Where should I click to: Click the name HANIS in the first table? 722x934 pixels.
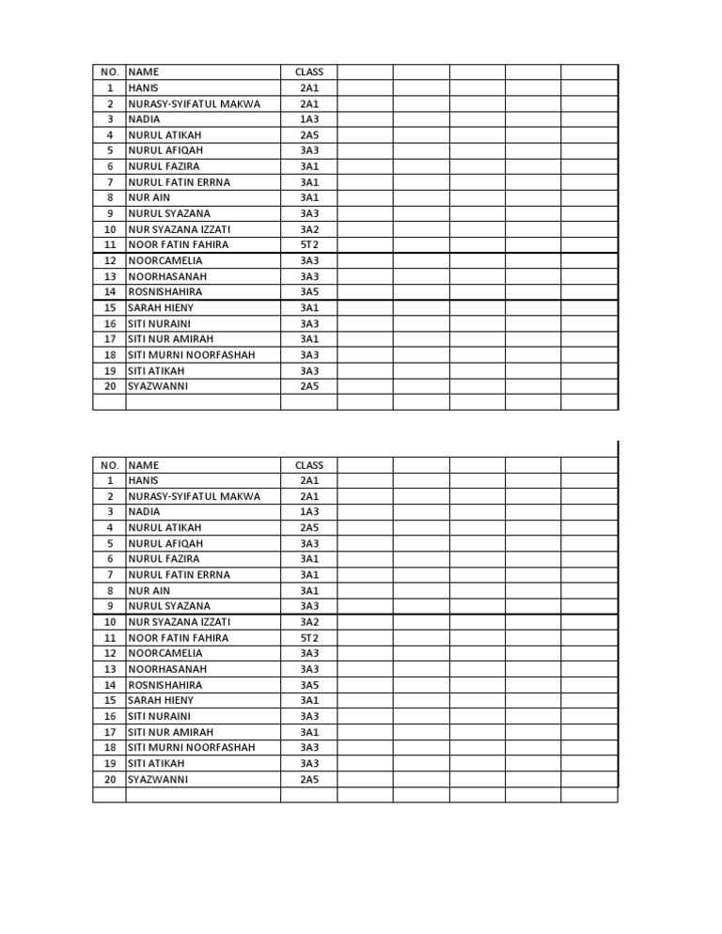click(144, 87)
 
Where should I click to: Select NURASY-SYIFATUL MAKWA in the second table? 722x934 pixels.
click(195, 496)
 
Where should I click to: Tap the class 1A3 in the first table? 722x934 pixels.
click(309, 119)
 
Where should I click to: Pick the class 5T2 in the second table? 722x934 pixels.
click(309, 637)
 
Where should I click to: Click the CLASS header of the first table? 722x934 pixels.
click(309, 71)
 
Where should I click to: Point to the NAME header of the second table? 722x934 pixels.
click(144, 465)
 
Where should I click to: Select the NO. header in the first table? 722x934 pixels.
click(110, 71)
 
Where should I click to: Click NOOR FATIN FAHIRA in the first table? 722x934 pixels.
click(179, 244)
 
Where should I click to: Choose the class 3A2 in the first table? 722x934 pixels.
click(309, 229)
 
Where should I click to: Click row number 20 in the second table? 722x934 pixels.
click(110, 779)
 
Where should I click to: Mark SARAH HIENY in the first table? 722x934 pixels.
click(161, 307)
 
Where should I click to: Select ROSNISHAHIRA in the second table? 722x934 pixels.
click(165, 685)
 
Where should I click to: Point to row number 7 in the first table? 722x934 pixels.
click(110, 182)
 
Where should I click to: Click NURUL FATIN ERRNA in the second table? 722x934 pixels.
click(179, 574)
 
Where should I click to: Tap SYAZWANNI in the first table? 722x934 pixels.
click(158, 386)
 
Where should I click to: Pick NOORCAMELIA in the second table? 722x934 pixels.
click(165, 653)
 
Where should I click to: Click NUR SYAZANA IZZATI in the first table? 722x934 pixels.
click(179, 229)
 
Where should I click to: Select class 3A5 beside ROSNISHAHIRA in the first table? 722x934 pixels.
click(309, 291)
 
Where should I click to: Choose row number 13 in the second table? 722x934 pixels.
click(110, 669)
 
